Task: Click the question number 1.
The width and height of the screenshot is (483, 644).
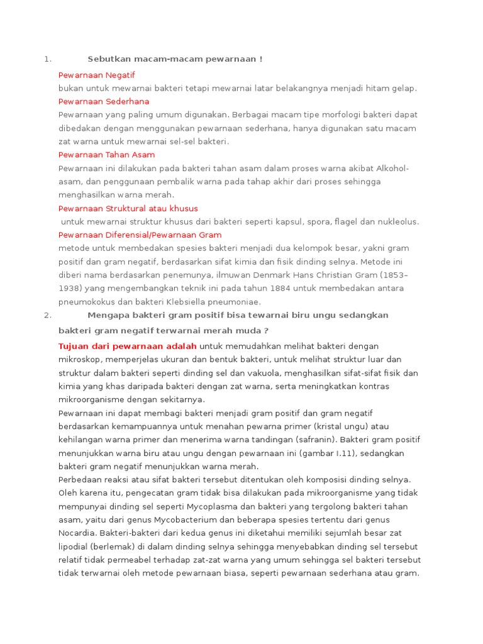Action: [47, 59]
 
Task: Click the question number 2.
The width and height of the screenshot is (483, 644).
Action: [47, 314]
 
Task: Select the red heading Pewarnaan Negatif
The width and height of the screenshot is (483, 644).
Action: [97, 75]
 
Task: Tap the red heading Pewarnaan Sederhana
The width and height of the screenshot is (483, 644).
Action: [104, 101]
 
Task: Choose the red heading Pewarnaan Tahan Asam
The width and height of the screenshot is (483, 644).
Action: [106, 155]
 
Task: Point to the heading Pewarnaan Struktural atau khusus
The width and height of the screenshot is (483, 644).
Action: [128, 208]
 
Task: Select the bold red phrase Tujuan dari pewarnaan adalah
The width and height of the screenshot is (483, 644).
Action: [128, 346]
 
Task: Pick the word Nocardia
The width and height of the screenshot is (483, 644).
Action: [75, 533]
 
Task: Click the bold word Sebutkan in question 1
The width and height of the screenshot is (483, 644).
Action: [108, 59]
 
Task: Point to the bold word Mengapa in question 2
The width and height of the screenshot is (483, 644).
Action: [107, 314]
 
